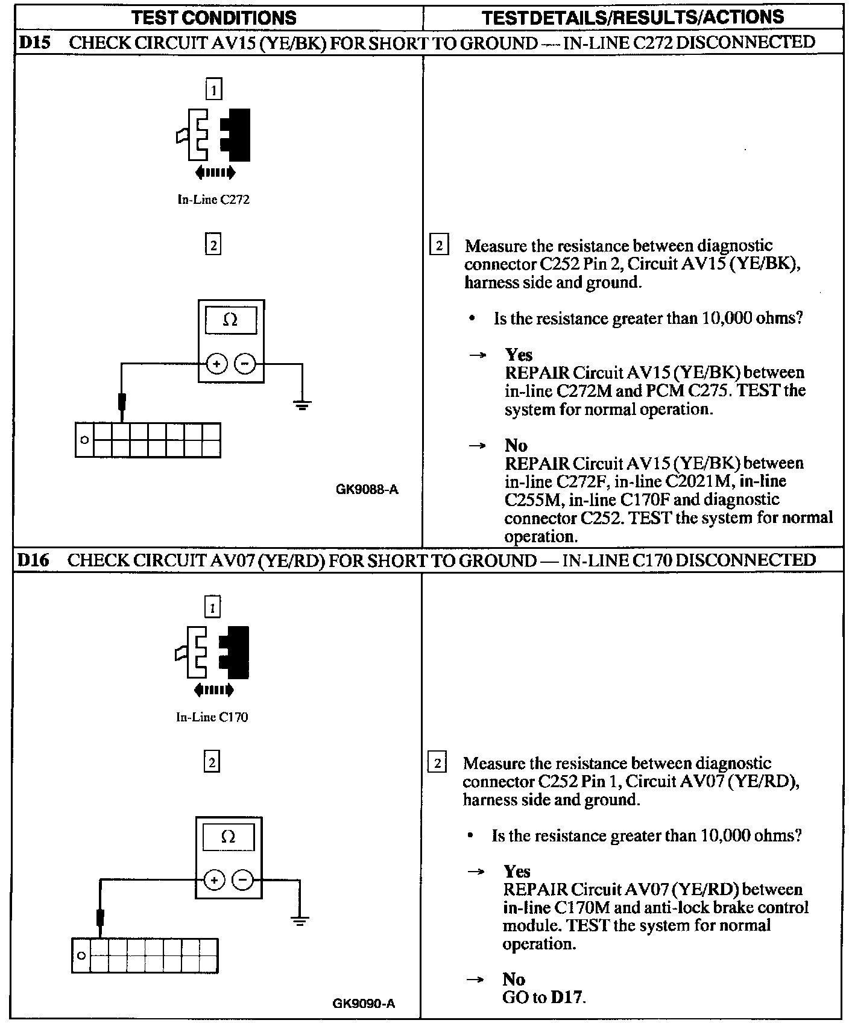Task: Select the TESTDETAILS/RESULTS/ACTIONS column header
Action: click(633, 17)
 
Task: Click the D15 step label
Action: click(34, 42)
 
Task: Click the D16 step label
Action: click(33, 560)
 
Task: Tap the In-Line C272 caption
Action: click(213, 200)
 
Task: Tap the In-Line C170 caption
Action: click(212, 717)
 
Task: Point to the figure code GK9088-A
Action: click(367, 490)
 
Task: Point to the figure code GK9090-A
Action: click(364, 1004)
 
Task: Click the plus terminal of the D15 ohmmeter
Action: click(216, 364)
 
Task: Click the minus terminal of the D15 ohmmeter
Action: click(245, 364)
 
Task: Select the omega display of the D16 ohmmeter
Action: click(228, 837)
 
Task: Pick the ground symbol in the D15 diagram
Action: click(303, 405)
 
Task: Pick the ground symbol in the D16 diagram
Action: click(300, 921)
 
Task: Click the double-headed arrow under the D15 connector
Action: click(215, 174)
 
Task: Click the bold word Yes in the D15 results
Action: click(519, 355)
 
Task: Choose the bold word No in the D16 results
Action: click(514, 979)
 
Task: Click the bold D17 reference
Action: click(567, 997)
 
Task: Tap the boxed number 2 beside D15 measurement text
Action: click(438, 246)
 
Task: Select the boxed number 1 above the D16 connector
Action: click(212, 607)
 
